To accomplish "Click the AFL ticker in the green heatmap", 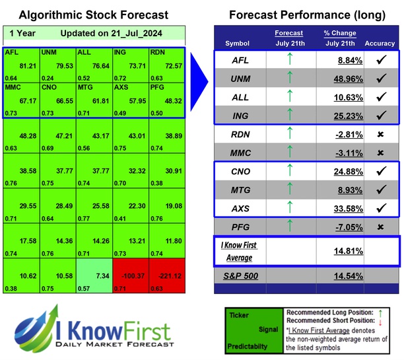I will pyautogui.click(x=12, y=52).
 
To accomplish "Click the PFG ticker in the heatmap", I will pyautogui.click(x=158, y=87).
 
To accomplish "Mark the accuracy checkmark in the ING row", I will pyautogui.click(x=380, y=116).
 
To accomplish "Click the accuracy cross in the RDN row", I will pyautogui.click(x=380, y=133).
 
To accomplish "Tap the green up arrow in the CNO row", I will pyautogui.click(x=288, y=171).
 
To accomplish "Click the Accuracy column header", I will pyautogui.click(x=380, y=44).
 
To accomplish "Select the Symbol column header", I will pyautogui.click(x=238, y=44).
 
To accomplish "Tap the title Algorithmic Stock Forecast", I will pyautogui.click(x=93, y=15).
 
